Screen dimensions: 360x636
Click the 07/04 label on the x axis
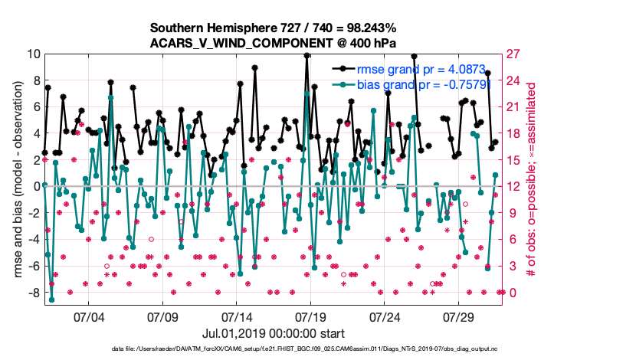point(88,315)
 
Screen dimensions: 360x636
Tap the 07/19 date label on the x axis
point(311,315)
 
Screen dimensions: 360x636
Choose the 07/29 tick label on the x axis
point(460,315)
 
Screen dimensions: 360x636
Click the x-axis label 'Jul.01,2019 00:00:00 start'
point(274,333)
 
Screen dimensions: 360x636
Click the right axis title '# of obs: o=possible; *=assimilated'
point(530,173)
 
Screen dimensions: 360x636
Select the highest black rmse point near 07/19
point(307,55)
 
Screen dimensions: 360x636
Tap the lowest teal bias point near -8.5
point(51,299)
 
